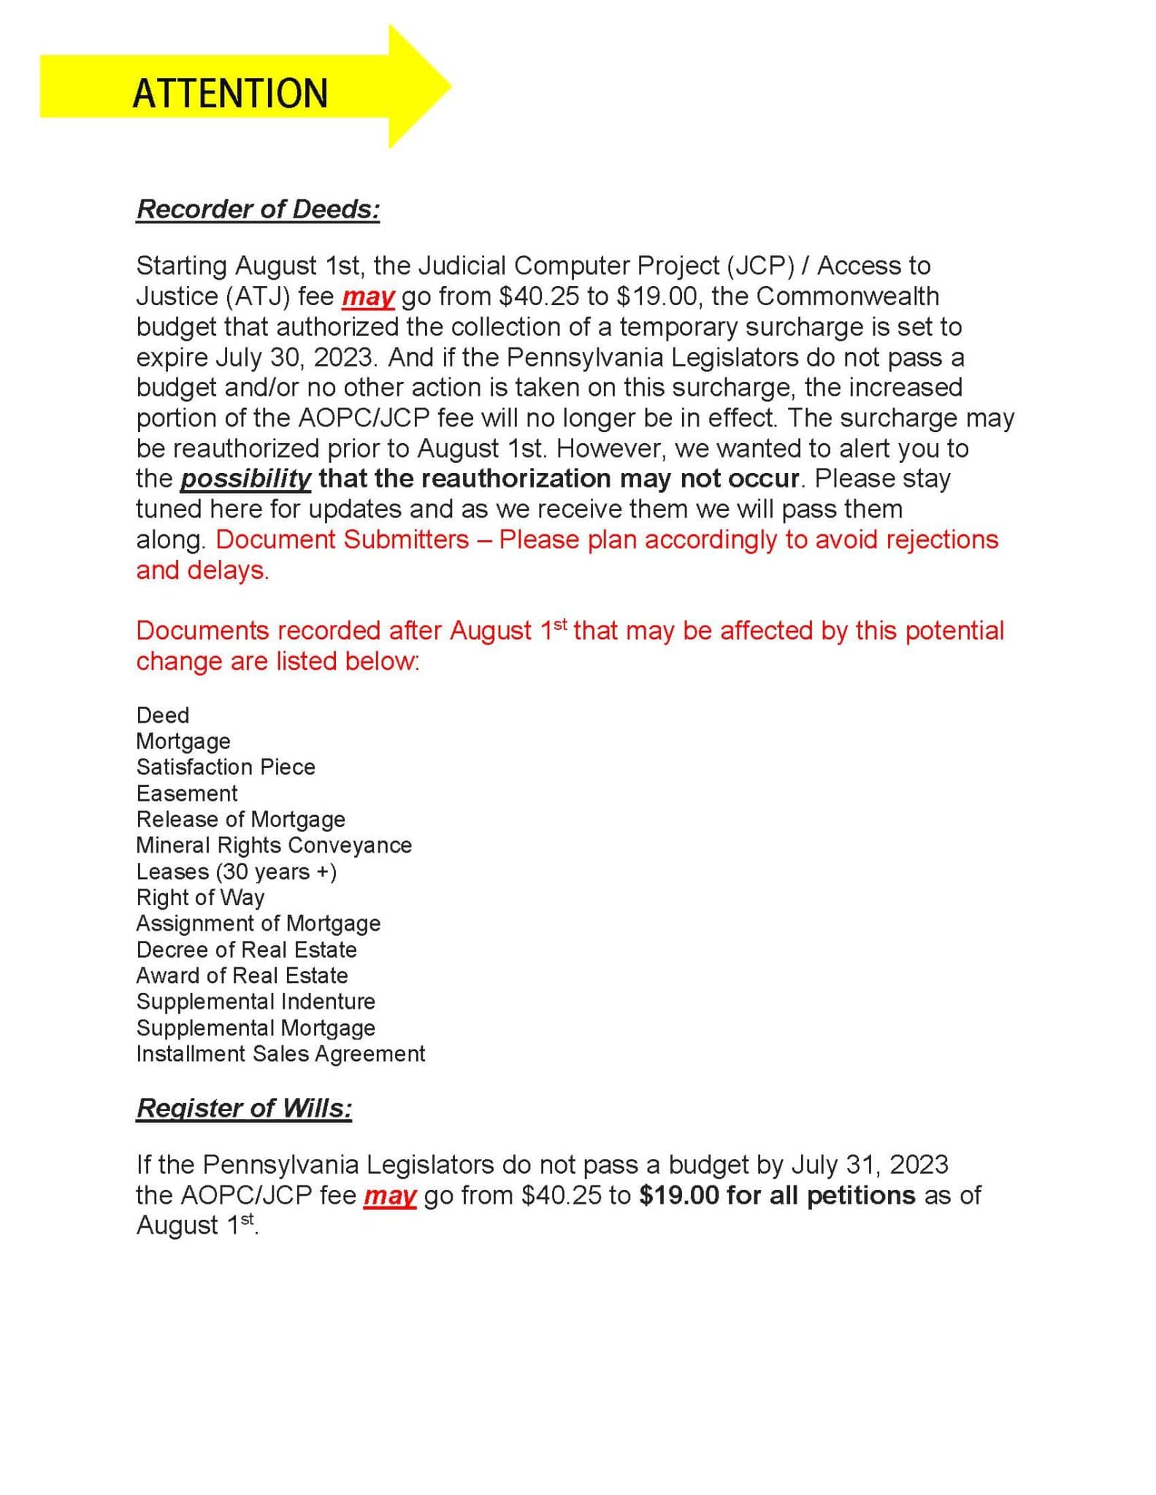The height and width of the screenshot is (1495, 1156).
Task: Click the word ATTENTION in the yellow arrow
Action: pyautogui.click(x=230, y=93)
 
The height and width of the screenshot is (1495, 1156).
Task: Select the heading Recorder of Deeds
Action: pyautogui.click(x=258, y=210)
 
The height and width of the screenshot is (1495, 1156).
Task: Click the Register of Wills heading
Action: pyautogui.click(x=244, y=1108)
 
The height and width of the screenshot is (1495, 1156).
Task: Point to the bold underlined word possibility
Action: pyautogui.click(x=245, y=479)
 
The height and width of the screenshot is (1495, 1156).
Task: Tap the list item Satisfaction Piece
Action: pyautogui.click(x=226, y=767)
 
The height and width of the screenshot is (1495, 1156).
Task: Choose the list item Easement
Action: pyautogui.click(x=187, y=793)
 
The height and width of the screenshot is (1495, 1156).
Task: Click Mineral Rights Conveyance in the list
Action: pyautogui.click(x=274, y=845)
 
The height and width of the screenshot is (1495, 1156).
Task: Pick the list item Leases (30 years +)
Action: pyautogui.click(x=237, y=872)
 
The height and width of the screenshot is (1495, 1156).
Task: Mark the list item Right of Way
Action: pyautogui.click(x=200, y=898)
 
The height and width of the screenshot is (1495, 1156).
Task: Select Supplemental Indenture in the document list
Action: pyautogui.click(x=256, y=1002)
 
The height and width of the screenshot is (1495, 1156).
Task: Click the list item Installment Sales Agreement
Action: pyautogui.click(x=280, y=1054)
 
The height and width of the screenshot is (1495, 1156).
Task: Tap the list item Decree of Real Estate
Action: pyautogui.click(x=247, y=950)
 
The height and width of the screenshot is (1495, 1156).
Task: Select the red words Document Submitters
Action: pyautogui.click(x=342, y=539)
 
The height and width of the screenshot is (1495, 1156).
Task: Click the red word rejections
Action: pyautogui.click(x=941, y=539)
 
